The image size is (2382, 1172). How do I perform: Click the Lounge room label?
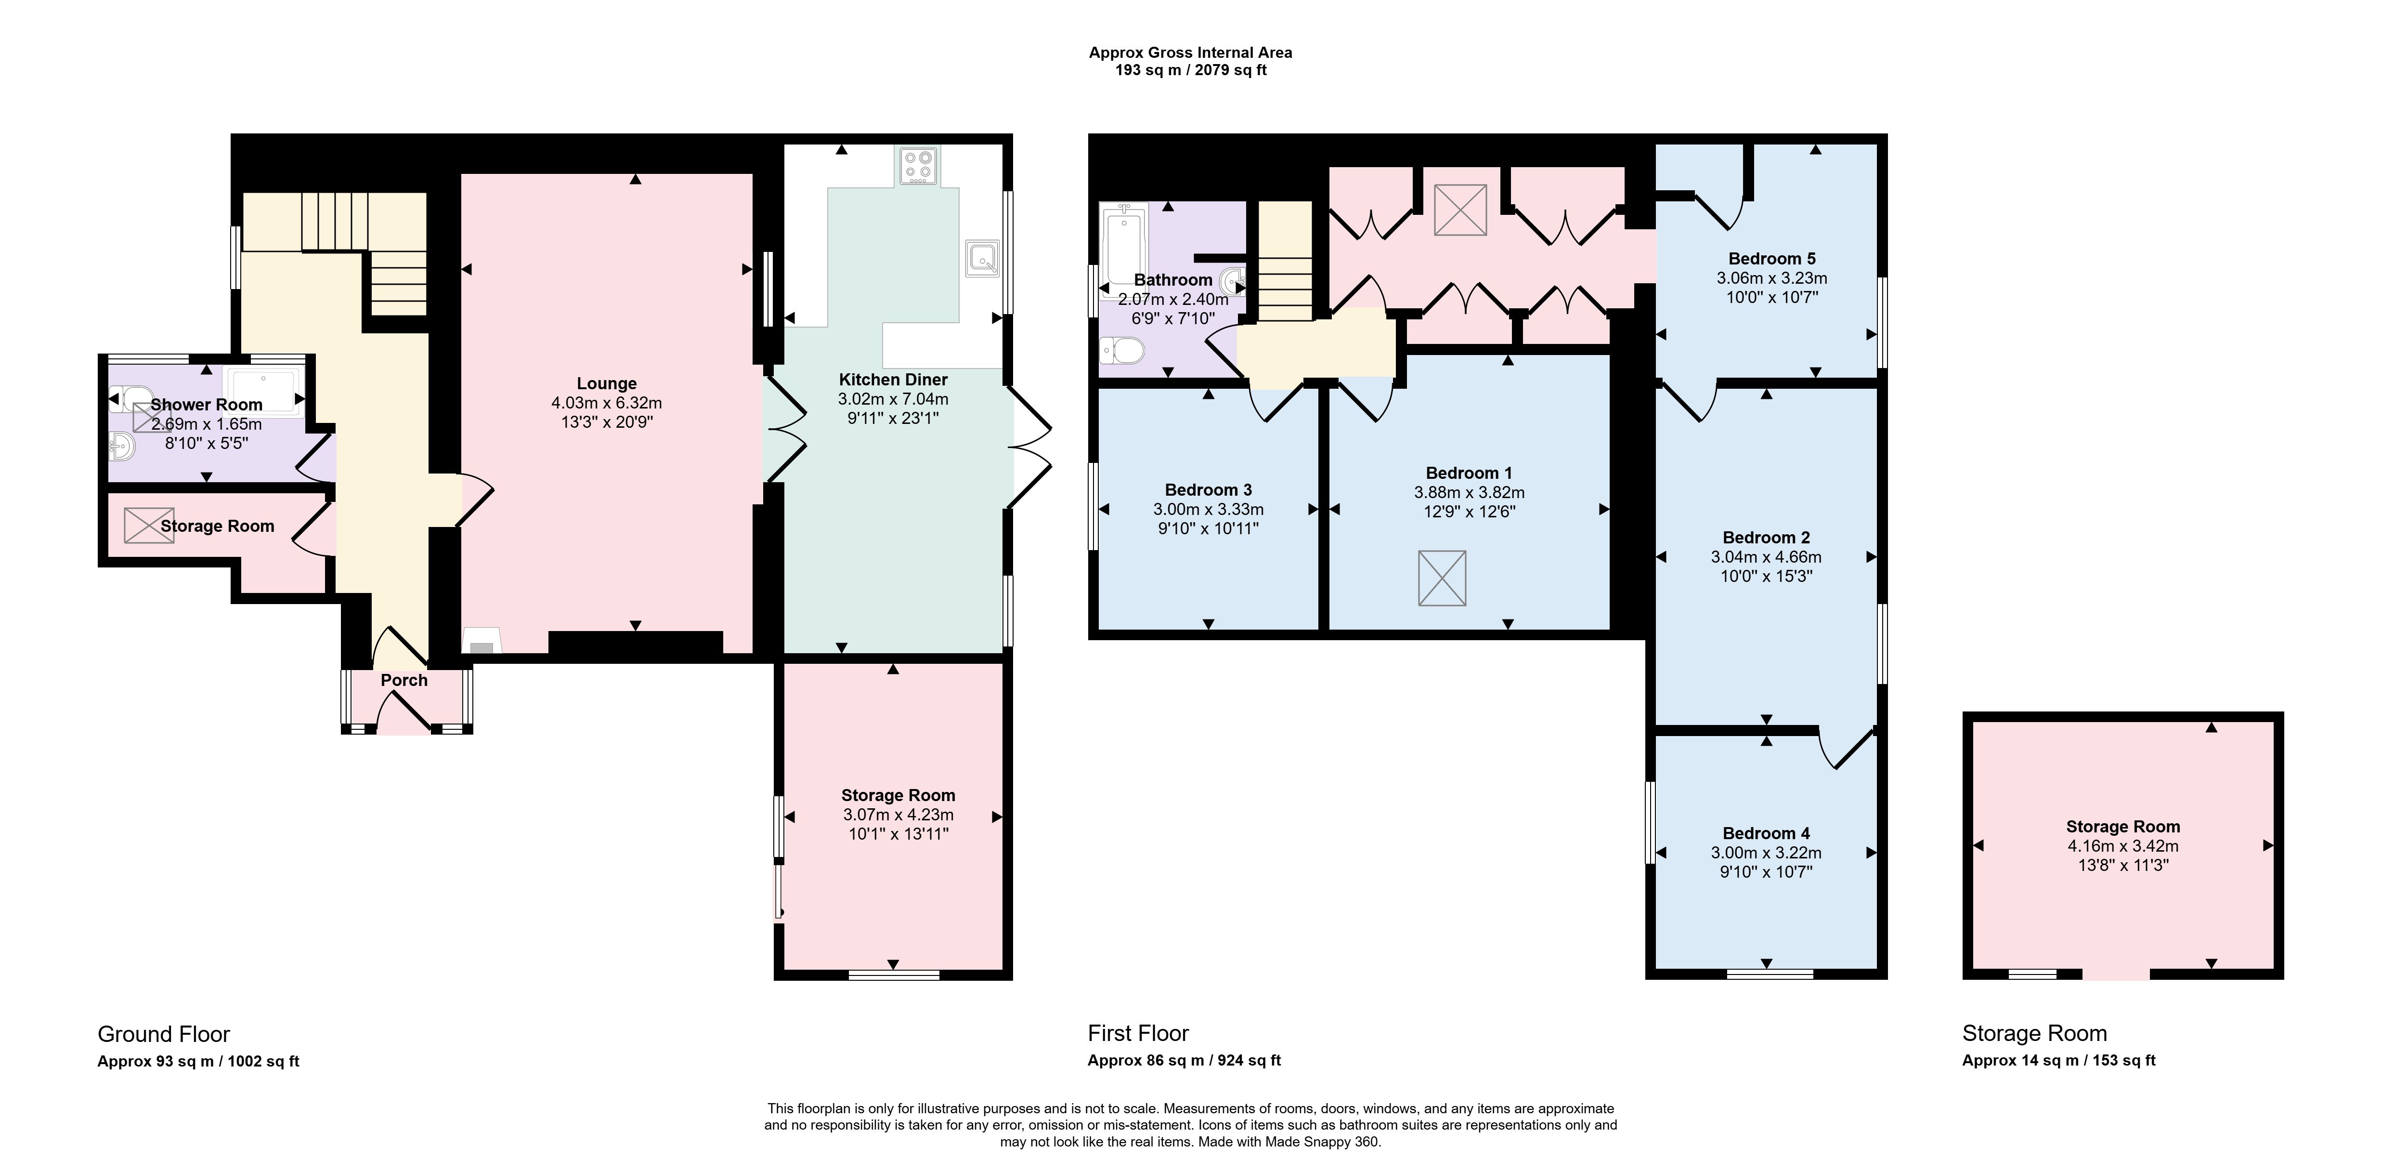607,383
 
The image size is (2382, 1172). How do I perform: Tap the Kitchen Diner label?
893,379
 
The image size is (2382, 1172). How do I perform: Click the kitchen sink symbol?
981,258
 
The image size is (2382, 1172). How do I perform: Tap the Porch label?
404,680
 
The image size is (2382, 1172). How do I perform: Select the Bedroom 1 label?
1470,473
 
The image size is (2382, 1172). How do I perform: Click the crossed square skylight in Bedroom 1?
1442,578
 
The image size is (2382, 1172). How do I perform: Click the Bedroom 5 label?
1772,258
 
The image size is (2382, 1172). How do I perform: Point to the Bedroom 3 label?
1208,489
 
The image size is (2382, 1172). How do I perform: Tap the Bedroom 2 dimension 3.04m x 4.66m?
1766,557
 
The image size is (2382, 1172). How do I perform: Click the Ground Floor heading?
164,1034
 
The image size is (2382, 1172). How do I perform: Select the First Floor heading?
1138,1033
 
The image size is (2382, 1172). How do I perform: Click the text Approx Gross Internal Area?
1190,53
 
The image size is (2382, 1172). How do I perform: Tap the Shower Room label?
206,404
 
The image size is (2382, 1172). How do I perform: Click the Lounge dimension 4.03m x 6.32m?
607,403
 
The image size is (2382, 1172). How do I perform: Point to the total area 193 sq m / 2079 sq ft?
1190,70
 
